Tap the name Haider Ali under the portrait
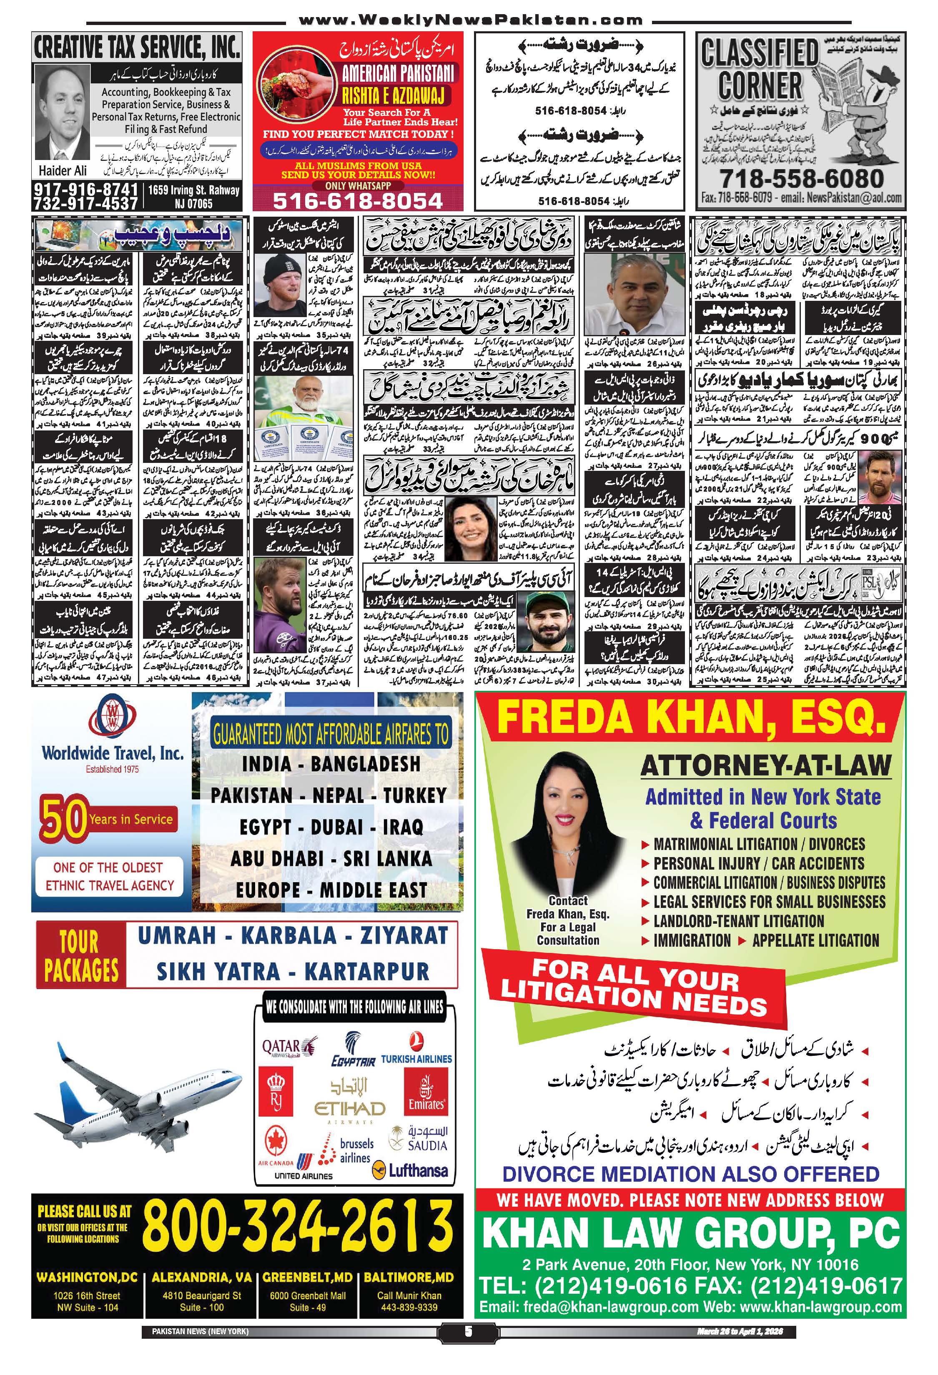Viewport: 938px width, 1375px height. pos(63,170)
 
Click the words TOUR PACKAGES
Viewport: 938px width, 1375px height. pos(81,954)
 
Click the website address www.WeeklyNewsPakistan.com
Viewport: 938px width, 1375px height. pos(471,21)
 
